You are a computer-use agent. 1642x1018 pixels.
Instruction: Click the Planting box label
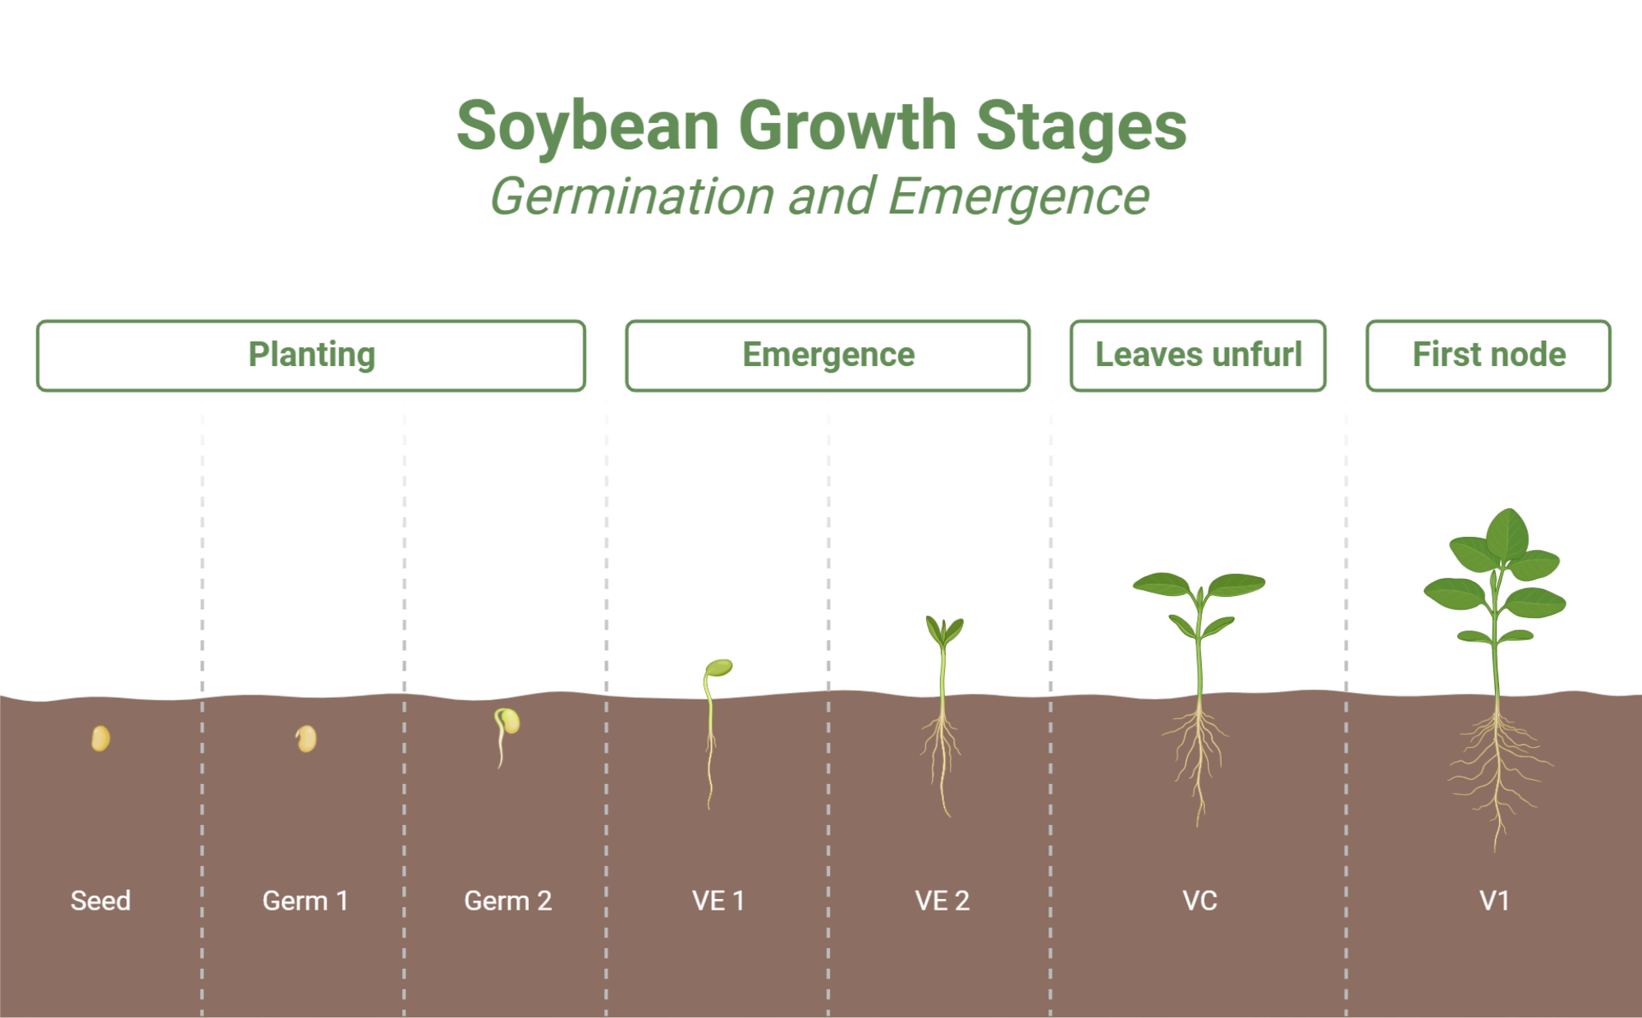click(x=312, y=355)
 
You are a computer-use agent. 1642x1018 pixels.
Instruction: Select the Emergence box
click(x=828, y=355)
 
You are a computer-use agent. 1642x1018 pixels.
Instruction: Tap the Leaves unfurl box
click(x=1198, y=355)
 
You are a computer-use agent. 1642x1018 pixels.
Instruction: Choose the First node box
click(x=1488, y=355)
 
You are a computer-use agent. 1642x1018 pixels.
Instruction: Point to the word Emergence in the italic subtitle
click(x=1018, y=197)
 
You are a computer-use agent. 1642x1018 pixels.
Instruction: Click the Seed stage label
click(x=100, y=901)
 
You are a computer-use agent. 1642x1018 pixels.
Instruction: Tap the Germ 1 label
click(x=305, y=901)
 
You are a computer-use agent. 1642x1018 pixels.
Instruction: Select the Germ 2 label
click(x=507, y=901)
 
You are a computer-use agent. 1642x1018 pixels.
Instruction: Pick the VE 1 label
click(x=718, y=901)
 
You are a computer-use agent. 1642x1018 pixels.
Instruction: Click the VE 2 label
click(x=942, y=901)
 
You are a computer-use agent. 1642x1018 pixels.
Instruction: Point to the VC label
click(x=1199, y=901)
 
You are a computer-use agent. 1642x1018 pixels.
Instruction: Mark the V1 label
click(x=1494, y=901)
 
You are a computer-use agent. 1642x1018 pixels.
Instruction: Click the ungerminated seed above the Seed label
click(x=100, y=738)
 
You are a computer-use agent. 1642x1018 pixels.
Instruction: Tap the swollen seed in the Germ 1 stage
click(x=306, y=738)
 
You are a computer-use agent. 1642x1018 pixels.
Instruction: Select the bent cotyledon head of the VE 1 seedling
click(x=719, y=667)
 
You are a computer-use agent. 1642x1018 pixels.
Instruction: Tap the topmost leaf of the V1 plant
click(x=1507, y=534)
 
